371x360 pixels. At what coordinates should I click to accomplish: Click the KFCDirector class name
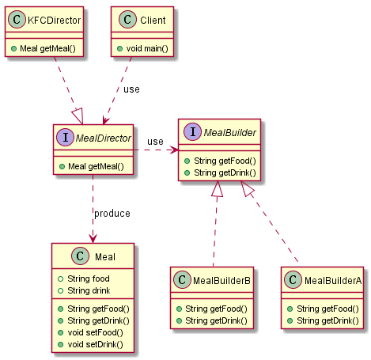(54, 21)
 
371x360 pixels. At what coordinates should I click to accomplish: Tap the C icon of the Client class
(127, 20)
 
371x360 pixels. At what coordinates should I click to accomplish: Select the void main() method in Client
(147, 48)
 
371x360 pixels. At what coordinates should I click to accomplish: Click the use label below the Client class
(131, 89)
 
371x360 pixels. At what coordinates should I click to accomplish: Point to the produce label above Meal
(112, 214)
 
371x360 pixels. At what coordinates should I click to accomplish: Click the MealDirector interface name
(103, 138)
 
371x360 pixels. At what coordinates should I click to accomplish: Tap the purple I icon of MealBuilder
(193, 131)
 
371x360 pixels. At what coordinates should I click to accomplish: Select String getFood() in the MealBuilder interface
(225, 161)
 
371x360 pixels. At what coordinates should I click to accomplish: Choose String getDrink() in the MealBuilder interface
(225, 172)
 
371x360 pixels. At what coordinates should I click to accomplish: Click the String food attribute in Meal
(89, 279)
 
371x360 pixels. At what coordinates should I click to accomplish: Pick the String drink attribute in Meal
(89, 290)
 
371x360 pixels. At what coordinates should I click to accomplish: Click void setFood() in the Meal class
(95, 332)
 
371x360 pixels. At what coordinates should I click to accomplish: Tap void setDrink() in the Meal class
(95, 344)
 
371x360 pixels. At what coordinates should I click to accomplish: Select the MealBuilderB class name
(221, 281)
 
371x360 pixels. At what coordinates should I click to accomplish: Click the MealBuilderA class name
(333, 281)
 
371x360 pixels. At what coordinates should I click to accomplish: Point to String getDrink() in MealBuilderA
(327, 320)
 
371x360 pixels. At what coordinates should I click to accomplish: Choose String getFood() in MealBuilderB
(216, 309)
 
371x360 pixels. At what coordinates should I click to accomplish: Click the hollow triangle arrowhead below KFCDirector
(78, 116)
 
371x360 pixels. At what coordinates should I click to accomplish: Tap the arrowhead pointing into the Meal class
(93, 238)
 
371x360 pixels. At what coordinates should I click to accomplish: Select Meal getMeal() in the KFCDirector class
(47, 48)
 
